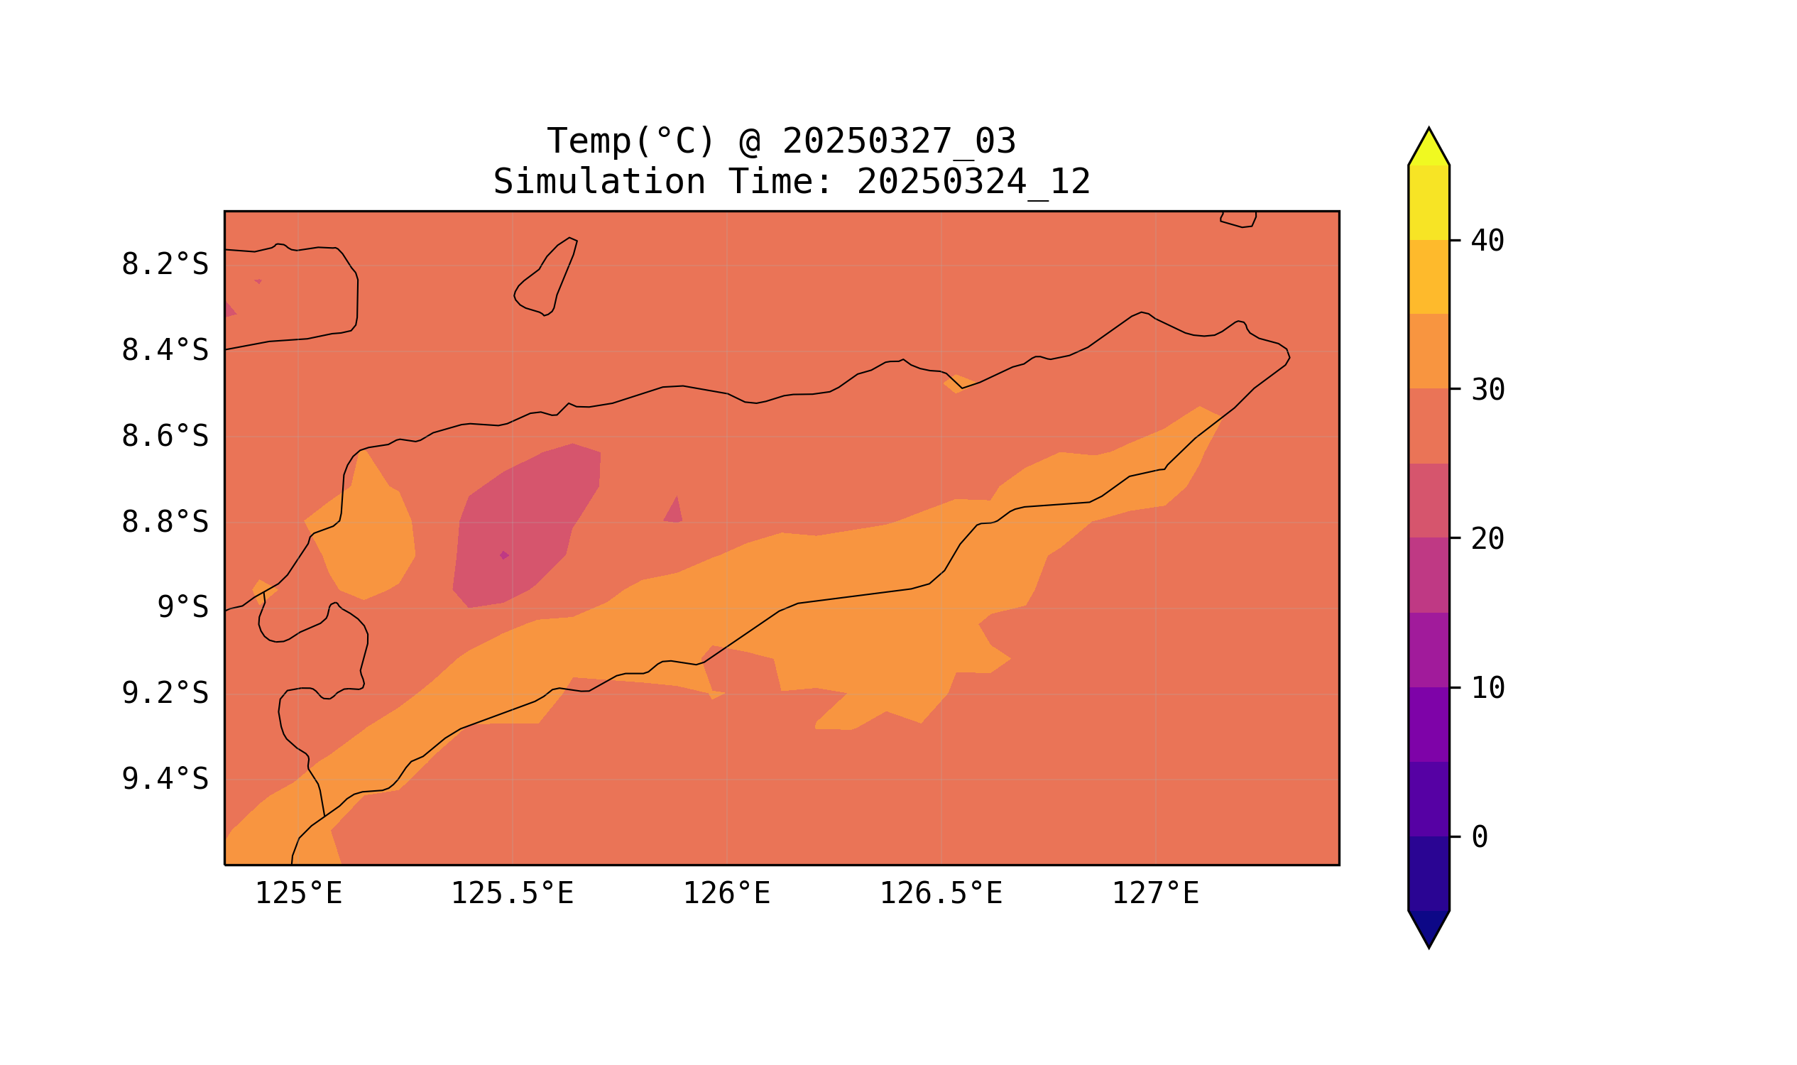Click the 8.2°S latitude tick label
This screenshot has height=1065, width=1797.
pos(164,265)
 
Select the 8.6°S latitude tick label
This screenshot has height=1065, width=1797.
pos(164,437)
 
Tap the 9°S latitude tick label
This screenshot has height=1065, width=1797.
pos(182,608)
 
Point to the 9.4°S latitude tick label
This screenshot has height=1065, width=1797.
pos(164,779)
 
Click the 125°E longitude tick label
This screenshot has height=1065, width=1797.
pos(298,893)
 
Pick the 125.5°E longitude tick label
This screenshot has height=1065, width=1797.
pos(512,893)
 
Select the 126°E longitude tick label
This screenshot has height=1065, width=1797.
pos(726,893)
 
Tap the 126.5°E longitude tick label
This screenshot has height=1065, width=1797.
pos(940,893)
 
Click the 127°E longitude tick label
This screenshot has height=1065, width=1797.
pos(1154,893)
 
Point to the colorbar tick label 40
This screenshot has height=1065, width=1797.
pos(1487,241)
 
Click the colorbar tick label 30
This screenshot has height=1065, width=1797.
pos(1487,390)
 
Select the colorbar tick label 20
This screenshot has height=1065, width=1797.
pos(1487,539)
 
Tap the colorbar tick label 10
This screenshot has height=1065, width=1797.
pos(1487,688)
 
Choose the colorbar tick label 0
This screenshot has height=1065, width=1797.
pos(1479,837)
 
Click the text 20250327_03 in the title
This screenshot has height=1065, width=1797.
pos(899,141)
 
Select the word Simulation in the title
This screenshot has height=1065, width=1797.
pos(599,182)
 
